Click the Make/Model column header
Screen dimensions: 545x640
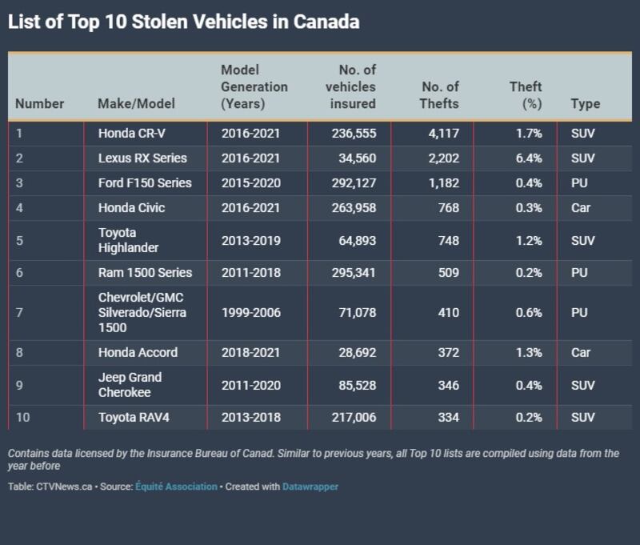(x=136, y=103)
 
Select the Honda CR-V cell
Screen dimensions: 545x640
(x=131, y=134)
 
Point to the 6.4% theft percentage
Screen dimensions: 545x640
(x=529, y=158)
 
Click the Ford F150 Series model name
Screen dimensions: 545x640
(x=145, y=183)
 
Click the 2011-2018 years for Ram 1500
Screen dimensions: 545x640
(x=250, y=273)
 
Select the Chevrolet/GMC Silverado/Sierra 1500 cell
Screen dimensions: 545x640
(x=141, y=312)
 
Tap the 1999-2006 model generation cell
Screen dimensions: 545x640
(x=250, y=312)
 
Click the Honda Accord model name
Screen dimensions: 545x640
(x=138, y=352)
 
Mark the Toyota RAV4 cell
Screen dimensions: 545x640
(x=133, y=418)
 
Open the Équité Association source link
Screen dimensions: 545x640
(x=177, y=486)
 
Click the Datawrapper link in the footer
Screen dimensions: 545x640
(x=310, y=486)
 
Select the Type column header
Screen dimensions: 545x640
(x=585, y=103)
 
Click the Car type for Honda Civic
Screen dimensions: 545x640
(x=581, y=208)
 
